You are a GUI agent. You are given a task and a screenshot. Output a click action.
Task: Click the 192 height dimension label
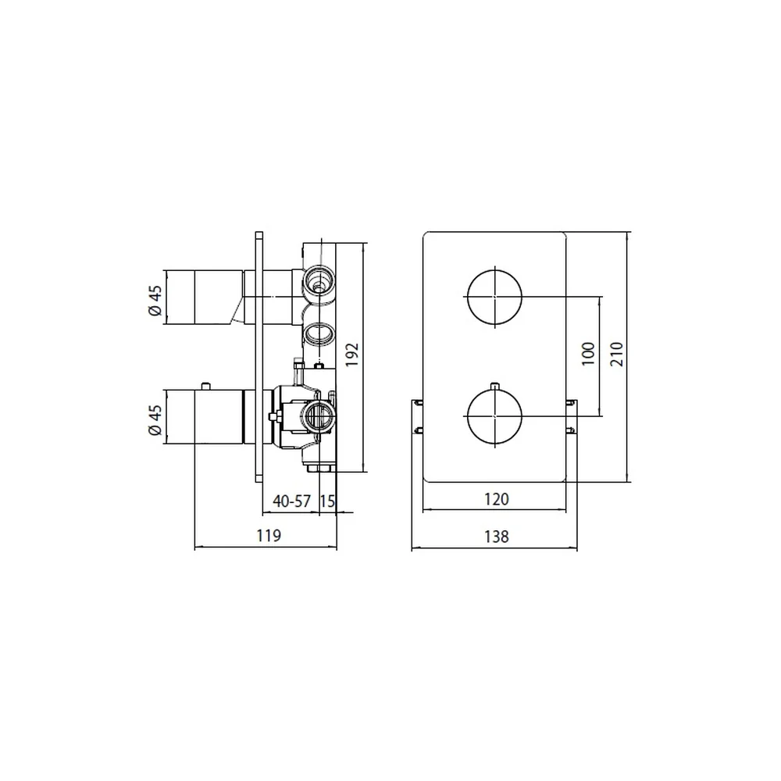(352, 354)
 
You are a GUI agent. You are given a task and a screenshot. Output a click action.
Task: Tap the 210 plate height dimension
(617, 354)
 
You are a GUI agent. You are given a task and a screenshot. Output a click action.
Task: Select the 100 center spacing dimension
(588, 354)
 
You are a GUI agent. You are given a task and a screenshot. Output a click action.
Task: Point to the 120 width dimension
(497, 499)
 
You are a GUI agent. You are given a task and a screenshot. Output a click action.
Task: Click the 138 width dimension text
(497, 537)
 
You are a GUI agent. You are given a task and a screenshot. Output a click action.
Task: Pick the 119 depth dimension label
(269, 536)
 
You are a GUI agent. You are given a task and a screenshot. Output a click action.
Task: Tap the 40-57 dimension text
(292, 501)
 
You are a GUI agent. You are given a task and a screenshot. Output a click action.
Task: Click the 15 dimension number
(327, 501)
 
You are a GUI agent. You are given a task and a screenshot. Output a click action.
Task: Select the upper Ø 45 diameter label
(155, 301)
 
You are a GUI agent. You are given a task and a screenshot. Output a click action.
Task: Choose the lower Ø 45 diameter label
(155, 420)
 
